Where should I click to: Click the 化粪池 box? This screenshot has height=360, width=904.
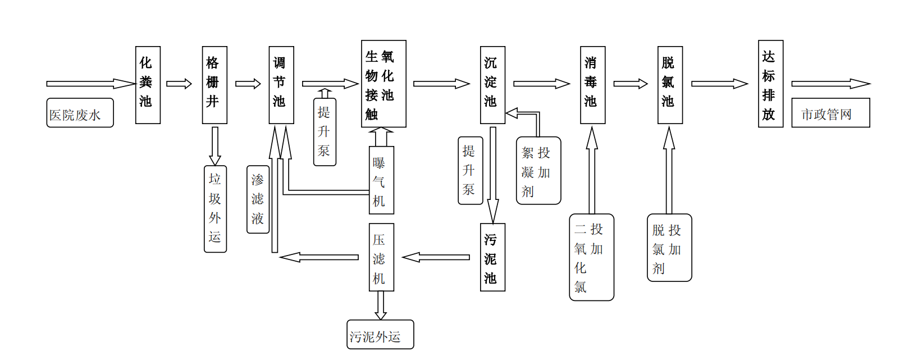tap(148, 85)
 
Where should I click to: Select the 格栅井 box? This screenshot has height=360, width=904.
tap(214, 85)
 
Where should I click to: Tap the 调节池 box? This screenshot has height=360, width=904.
tap(281, 85)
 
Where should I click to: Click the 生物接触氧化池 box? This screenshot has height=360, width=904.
tap(383, 84)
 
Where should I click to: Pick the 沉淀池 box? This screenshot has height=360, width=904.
tap(492, 85)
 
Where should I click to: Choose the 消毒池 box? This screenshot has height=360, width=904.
tap(592, 85)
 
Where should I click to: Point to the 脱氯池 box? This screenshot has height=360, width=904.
tap(670, 85)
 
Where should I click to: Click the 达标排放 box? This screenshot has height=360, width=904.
tap(770, 84)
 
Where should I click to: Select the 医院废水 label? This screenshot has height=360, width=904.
tap(80, 113)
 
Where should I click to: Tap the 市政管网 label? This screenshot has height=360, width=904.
tap(830, 113)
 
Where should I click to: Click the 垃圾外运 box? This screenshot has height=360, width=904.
tap(215, 209)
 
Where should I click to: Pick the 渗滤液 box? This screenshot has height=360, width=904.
tap(258, 199)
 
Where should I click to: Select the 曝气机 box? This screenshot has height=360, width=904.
tap(381, 180)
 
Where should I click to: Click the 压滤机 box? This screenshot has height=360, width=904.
tap(381, 257)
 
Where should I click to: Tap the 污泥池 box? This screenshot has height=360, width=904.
tap(492, 257)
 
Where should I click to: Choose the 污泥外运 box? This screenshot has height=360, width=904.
tap(380, 335)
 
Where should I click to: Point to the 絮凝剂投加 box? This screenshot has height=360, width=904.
tap(538, 171)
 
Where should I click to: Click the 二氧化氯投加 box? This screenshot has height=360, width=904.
tap(591, 257)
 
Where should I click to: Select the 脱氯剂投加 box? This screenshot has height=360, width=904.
tap(669, 248)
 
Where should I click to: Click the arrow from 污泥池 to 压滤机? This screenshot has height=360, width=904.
tap(436, 257)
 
